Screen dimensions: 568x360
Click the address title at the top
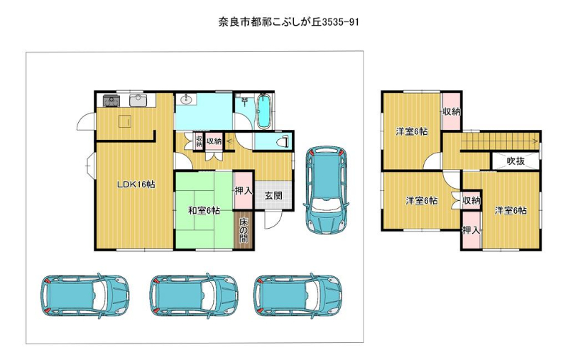(289, 22)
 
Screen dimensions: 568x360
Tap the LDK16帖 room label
(136, 185)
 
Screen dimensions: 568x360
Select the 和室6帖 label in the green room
(204, 210)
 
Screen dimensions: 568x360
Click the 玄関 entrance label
(273, 195)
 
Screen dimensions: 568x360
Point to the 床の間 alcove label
(244, 230)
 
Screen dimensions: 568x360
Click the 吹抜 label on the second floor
(515, 160)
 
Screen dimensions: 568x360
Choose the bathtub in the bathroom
(263, 111)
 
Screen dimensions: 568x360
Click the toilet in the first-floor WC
(283, 141)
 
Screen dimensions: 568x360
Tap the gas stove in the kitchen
(111, 100)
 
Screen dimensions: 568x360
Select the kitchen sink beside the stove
(138, 100)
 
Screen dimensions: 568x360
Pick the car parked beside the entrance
(327, 190)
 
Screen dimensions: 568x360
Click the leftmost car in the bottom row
(84, 295)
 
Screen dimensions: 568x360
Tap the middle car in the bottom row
(194, 295)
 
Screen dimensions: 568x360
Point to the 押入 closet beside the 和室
(244, 190)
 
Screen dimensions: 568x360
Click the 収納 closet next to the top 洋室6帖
(452, 111)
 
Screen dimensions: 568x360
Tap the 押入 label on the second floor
(471, 229)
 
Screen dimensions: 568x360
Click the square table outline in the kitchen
(125, 121)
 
